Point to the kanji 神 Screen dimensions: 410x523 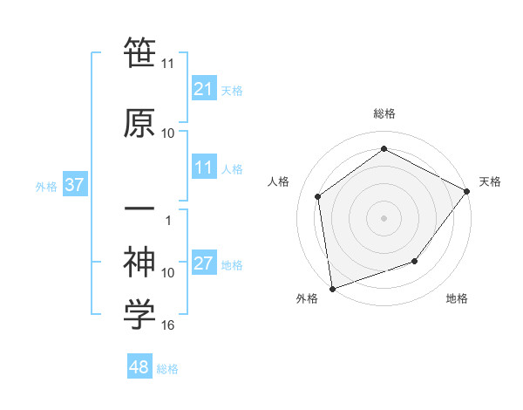click(139, 261)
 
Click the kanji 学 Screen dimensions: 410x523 click(139, 315)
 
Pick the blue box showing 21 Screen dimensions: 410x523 click(203, 89)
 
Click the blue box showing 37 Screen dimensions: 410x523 click(74, 185)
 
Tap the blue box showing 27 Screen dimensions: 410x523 click(203, 264)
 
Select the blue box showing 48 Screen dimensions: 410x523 click(139, 368)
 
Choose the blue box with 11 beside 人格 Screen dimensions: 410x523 click(203, 168)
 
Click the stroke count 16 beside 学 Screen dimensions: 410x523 click(168, 325)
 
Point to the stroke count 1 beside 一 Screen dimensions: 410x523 click(168, 220)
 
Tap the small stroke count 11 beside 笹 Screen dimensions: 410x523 click(167, 64)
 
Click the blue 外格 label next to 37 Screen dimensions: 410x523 click(46, 186)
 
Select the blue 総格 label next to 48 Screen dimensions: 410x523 click(167, 369)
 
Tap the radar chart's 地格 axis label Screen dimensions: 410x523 click(457, 298)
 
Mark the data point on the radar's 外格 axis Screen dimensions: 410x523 click(332, 288)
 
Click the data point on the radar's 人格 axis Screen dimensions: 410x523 click(318, 196)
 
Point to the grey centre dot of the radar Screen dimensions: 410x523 click(384, 217)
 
